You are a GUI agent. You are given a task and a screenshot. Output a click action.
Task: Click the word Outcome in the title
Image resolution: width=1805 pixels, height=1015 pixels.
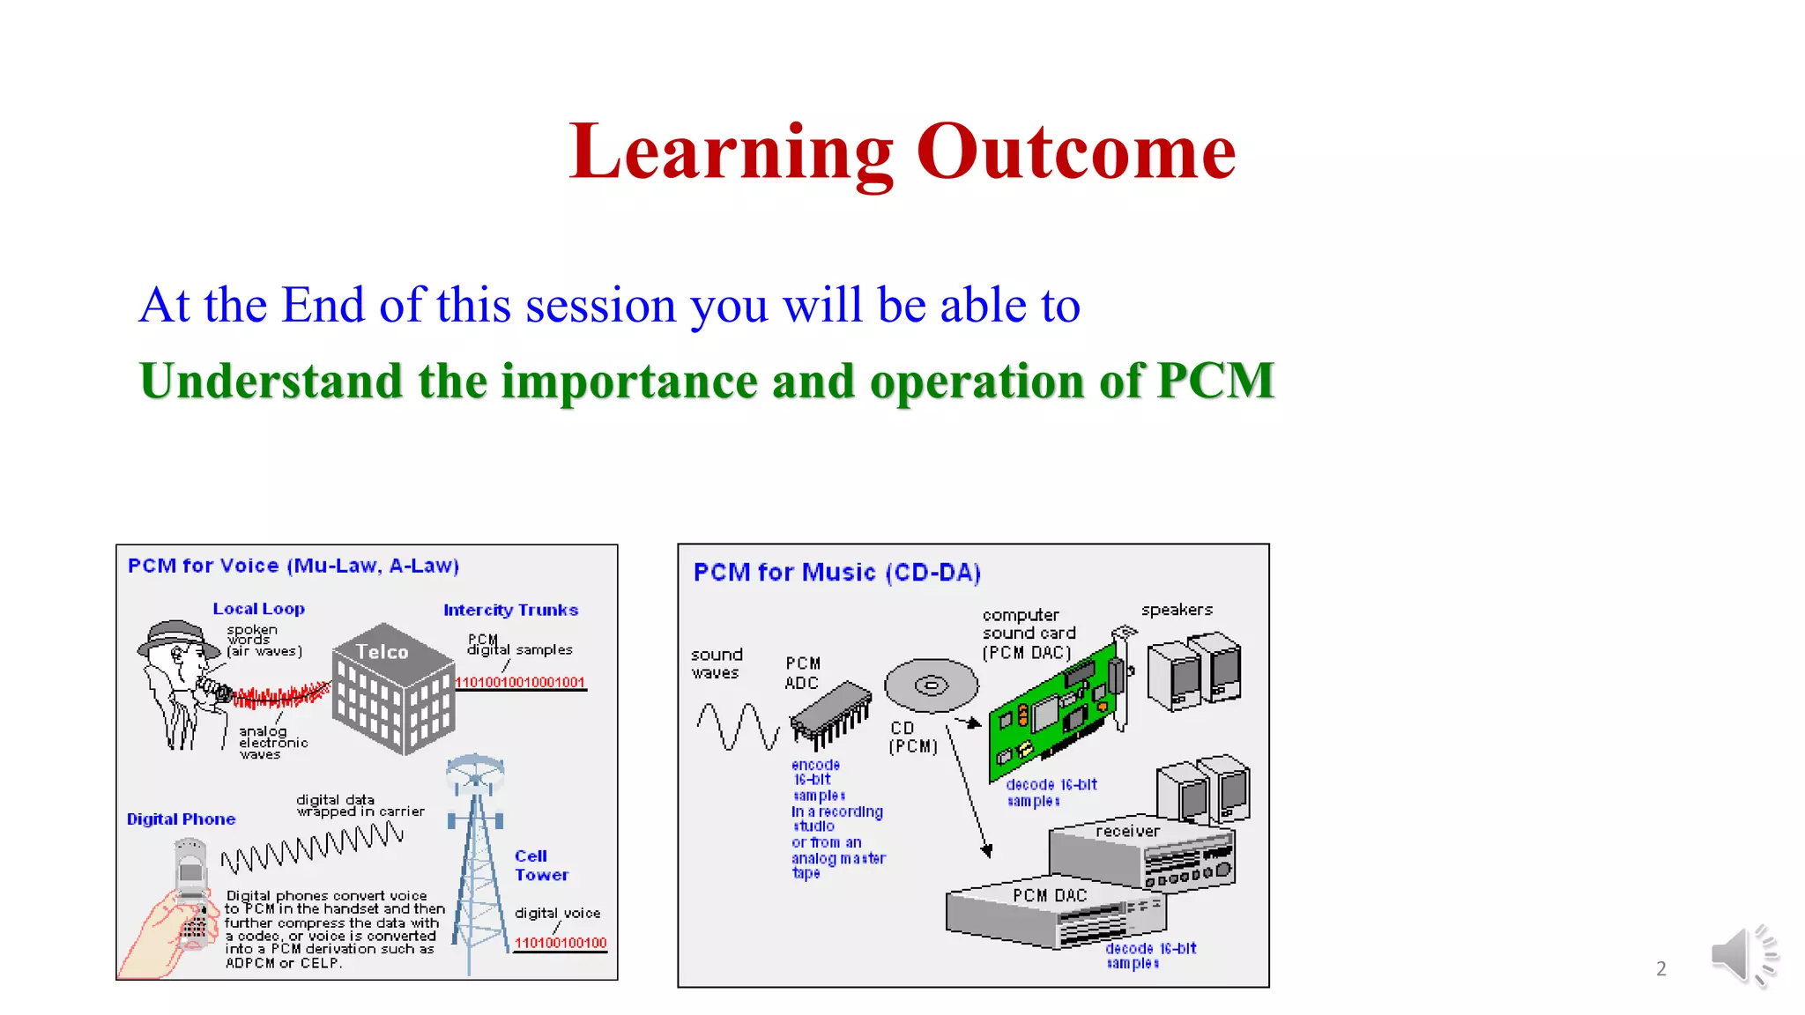[1076, 152]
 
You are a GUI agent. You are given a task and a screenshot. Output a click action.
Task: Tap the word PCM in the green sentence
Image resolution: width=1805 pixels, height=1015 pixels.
[1215, 381]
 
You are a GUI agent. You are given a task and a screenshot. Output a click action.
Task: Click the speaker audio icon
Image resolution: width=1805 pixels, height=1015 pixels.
[1742, 956]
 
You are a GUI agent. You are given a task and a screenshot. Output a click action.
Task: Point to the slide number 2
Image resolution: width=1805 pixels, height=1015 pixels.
[1660, 968]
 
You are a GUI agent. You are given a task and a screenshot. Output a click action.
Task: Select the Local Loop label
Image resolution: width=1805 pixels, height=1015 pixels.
[258, 609]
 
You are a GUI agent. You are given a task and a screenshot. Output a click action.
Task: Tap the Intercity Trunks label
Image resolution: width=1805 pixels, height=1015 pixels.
[510, 610]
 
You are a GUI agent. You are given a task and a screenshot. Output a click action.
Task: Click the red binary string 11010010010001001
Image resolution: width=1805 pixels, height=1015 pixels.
[519, 682]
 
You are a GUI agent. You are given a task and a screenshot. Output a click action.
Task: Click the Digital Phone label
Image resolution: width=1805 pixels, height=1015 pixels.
[181, 819]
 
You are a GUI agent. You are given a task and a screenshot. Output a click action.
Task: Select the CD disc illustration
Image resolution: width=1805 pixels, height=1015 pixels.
[932, 685]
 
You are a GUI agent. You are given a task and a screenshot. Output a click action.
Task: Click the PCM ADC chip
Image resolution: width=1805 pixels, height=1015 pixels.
[830, 712]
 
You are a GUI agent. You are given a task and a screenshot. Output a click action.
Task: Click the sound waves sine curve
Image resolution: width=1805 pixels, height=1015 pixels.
[738, 726]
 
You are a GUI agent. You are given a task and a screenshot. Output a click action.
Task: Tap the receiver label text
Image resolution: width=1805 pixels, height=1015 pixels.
[1127, 831]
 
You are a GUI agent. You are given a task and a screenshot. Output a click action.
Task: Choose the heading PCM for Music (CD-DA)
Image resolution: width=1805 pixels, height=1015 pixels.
[836, 573]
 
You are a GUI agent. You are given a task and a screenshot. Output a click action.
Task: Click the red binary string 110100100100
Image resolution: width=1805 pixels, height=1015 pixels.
[561, 943]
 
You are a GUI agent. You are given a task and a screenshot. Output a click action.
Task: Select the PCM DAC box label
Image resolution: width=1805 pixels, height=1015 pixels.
[1050, 895]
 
